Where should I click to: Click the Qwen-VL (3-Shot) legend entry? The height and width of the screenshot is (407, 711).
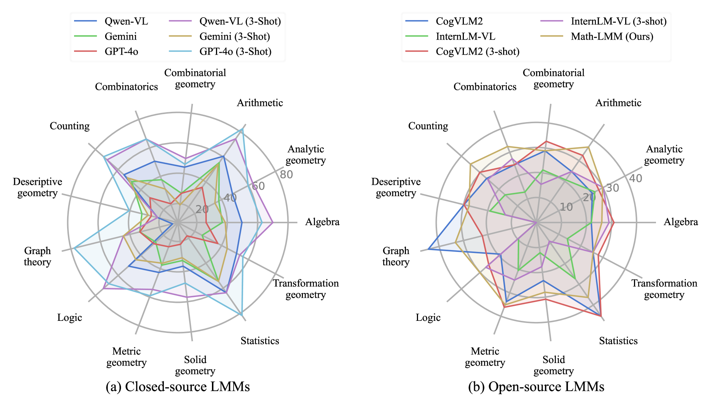240,21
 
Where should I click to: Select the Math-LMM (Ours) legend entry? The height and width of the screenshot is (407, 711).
612,36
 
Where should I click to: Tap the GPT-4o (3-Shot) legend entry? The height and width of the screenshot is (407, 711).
235,51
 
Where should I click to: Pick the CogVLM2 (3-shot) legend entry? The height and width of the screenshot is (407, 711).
477,51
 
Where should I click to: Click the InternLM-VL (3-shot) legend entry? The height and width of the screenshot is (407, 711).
618,21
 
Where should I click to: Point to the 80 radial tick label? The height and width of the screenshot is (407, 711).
286,175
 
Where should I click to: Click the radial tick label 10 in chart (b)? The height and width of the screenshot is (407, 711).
566,207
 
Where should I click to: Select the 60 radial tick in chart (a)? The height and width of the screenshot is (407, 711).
258,186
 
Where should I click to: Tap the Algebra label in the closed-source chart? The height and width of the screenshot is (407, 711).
322,222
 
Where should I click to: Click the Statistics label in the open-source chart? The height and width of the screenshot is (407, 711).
618,341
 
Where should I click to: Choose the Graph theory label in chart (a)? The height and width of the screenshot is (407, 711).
37,256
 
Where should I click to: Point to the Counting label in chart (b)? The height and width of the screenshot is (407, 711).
428,126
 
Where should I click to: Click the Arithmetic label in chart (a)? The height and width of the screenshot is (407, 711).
260,103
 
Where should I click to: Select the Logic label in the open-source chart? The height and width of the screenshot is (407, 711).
428,318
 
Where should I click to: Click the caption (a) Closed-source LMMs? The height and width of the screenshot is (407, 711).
178,387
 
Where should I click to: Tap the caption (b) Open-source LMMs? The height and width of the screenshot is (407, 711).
536,387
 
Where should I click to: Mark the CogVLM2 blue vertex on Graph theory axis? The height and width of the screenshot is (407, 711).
428,250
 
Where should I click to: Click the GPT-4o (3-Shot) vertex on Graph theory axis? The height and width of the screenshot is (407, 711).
74,248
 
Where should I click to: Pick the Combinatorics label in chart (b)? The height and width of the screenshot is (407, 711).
485,87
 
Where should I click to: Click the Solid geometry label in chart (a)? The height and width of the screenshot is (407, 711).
195,365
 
